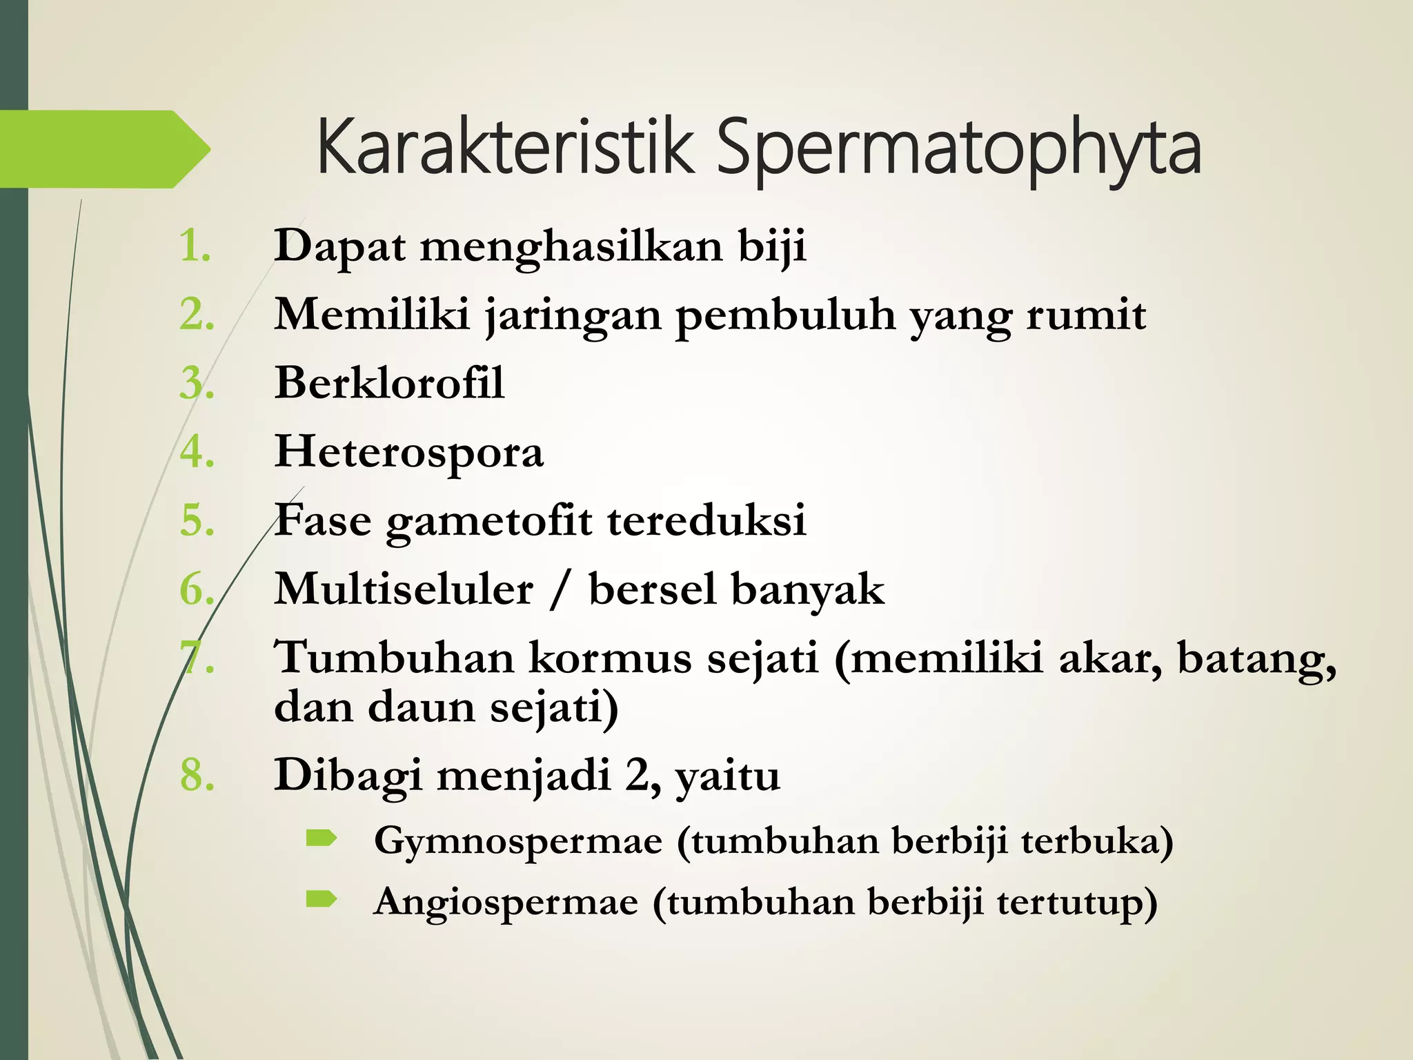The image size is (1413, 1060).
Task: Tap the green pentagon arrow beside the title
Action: tap(103, 149)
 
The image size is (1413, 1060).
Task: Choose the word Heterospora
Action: tap(409, 453)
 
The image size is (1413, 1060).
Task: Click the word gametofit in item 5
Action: tap(488, 520)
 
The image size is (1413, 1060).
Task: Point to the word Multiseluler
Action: tap(404, 589)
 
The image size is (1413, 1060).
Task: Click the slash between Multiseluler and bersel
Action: tap(560, 589)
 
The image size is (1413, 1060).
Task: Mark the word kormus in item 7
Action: tap(610, 657)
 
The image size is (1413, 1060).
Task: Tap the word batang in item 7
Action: tap(1256, 658)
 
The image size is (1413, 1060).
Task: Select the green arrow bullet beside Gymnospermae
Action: tap(322, 838)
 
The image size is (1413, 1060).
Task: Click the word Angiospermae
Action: tap(506, 902)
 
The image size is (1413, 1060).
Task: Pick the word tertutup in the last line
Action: tap(1076, 902)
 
